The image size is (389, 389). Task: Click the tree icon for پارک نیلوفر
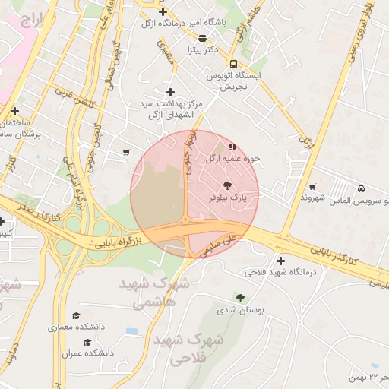[x=228, y=185]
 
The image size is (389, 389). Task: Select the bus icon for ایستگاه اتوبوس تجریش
[x=232, y=64]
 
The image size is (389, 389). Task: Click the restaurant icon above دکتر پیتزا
[x=202, y=37]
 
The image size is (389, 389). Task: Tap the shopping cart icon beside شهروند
[x=312, y=186]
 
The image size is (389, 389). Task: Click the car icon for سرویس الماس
[x=360, y=188]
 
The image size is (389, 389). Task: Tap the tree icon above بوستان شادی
[x=241, y=298]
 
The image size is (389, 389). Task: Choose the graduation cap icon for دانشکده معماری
[x=75, y=315]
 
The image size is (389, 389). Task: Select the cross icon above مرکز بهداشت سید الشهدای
[x=170, y=91]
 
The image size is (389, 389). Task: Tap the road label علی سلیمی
[x=221, y=247]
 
